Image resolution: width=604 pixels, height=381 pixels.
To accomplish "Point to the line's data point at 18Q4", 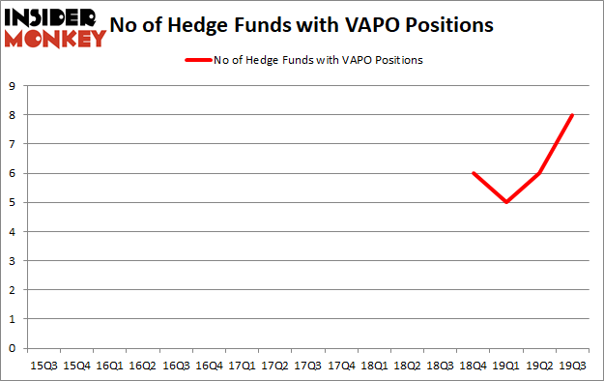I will click(x=473, y=173).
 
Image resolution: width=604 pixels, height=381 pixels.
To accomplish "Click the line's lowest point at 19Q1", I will click(x=505, y=202).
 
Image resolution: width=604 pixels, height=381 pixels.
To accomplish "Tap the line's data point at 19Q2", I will click(x=538, y=173).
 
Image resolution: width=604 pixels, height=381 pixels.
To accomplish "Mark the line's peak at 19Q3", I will click(x=572, y=115).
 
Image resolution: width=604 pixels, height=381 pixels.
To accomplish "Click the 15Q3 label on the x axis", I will click(x=43, y=366).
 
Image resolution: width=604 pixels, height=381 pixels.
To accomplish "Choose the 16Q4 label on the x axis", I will click(x=208, y=366).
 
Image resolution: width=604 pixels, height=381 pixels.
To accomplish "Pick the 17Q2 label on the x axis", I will click(x=274, y=366).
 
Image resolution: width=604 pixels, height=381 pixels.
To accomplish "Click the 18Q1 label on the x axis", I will click(x=373, y=366).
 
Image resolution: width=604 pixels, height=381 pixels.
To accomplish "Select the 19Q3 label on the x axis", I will click(x=572, y=366).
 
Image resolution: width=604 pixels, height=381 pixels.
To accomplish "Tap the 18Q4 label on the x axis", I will click(x=473, y=366).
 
